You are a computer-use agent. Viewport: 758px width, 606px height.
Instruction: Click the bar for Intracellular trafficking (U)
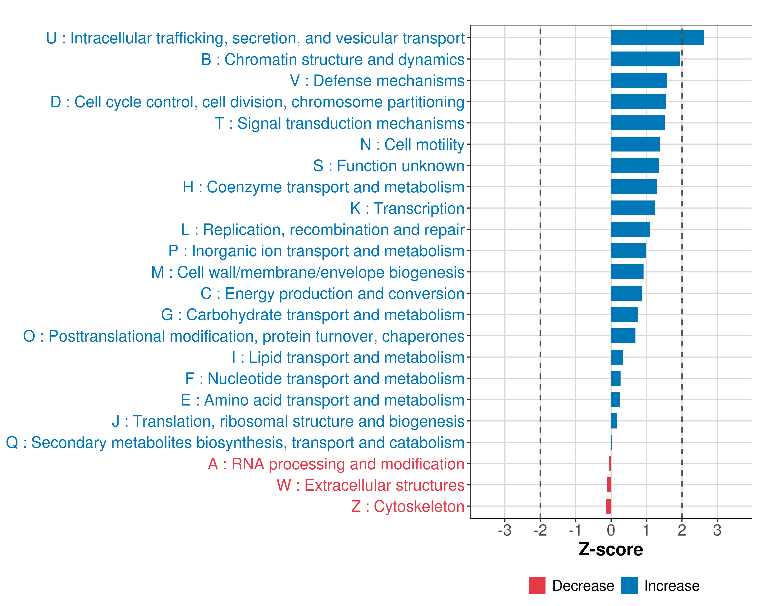tap(657, 38)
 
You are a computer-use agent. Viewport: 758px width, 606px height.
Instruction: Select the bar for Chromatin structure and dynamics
tap(645, 59)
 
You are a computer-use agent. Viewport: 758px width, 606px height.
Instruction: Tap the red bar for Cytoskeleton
tap(609, 506)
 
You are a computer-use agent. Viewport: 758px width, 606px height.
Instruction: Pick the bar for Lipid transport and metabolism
tap(617, 357)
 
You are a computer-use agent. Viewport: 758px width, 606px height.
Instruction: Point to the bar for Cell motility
tap(635, 144)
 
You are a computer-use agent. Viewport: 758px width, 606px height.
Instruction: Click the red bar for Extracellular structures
tap(609, 485)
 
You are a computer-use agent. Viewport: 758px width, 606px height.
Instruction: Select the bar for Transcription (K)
tap(633, 208)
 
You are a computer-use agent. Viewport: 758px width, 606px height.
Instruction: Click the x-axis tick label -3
tap(505, 530)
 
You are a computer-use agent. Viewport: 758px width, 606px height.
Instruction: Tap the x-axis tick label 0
tap(611, 530)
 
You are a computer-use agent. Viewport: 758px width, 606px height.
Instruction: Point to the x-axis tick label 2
tap(682, 530)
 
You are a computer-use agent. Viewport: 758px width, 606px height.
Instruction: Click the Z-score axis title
tap(611, 549)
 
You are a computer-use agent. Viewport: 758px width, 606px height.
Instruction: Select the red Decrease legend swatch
tap(537, 585)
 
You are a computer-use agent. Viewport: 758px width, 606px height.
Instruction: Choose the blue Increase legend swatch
tap(629, 585)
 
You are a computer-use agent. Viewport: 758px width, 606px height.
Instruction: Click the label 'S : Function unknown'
tap(389, 166)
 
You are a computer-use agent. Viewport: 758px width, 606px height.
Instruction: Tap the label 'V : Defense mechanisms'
tap(377, 81)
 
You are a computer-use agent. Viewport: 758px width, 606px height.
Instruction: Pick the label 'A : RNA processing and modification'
tap(336, 464)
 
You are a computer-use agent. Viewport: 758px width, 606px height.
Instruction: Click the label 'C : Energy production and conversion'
tap(332, 294)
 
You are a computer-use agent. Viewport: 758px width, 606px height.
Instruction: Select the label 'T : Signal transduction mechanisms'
tap(339, 123)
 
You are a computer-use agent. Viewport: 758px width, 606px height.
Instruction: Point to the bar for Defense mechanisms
tap(639, 81)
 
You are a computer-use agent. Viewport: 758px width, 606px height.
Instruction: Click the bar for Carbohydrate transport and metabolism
tap(624, 314)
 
